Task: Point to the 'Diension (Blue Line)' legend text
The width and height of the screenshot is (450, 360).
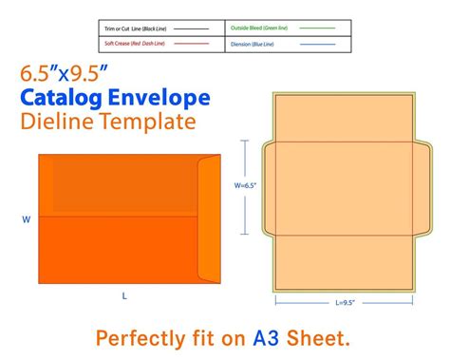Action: click(254, 44)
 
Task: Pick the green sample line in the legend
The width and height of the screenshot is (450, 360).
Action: click(317, 29)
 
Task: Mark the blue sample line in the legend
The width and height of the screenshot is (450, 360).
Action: click(317, 44)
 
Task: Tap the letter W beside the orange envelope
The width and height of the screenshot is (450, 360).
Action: click(27, 219)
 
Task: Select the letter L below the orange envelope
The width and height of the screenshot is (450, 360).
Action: click(124, 296)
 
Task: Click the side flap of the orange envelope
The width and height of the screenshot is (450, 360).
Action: click(208, 218)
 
